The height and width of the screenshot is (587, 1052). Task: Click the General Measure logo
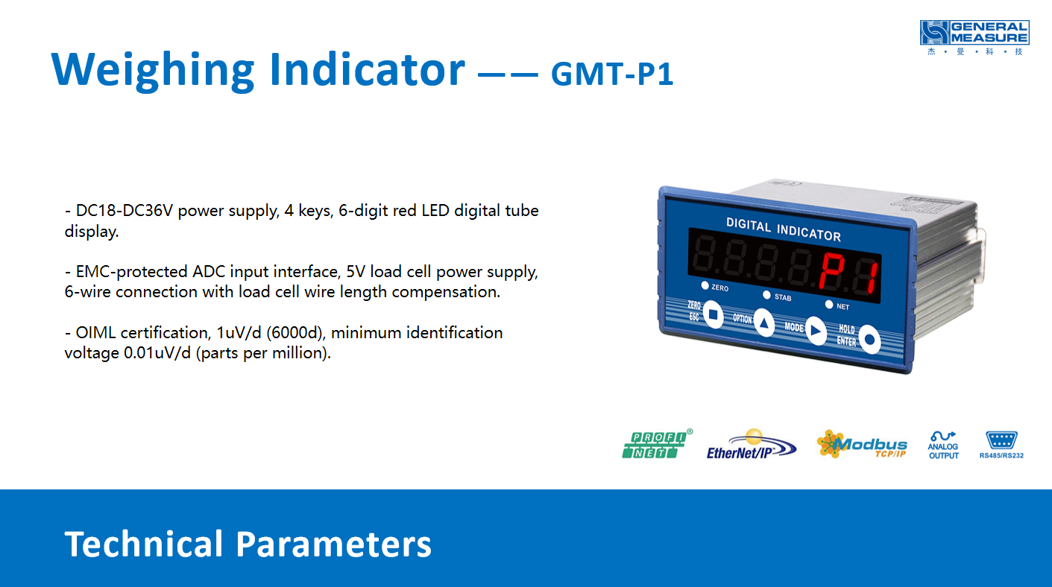click(x=974, y=37)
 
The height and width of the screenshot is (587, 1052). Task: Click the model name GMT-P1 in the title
click(x=612, y=74)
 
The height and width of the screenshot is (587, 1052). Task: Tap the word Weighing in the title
click(x=153, y=70)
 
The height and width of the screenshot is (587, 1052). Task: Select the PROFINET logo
click(x=657, y=444)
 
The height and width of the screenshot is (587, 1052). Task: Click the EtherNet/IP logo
click(x=752, y=445)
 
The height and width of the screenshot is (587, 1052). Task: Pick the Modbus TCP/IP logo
click(x=862, y=444)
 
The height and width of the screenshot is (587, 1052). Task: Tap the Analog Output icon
click(x=943, y=445)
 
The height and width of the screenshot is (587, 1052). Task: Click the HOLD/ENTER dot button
click(x=870, y=339)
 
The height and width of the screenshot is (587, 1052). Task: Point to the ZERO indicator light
click(x=705, y=285)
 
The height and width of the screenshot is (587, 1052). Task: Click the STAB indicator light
click(x=767, y=295)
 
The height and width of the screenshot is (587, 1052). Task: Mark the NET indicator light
click(x=829, y=305)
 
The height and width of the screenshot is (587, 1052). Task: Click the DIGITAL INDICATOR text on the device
click(x=784, y=229)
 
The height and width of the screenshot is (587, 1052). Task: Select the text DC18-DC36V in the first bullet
click(x=125, y=211)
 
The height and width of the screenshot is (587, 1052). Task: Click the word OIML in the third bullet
click(x=95, y=333)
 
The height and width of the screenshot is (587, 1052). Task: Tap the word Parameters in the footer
click(x=333, y=545)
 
